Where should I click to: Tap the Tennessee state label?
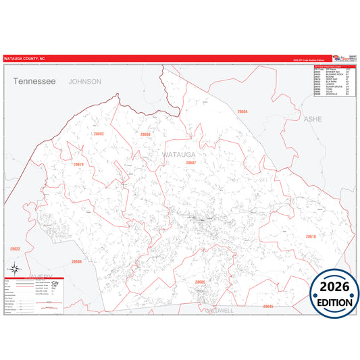[x=34, y=81]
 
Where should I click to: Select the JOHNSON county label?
[x=84, y=81]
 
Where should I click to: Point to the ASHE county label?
[x=313, y=118]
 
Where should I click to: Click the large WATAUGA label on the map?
[x=178, y=155]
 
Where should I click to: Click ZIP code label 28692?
[x=99, y=134]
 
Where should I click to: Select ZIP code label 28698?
[x=145, y=134]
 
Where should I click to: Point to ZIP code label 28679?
[x=78, y=164]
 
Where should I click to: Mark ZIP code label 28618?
[x=310, y=236]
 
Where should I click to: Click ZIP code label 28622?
[x=15, y=249]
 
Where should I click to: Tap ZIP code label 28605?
[x=200, y=282]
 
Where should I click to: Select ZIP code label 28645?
[x=268, y=306]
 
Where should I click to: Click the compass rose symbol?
[x=14, y=270]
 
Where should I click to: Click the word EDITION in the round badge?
[x=335, y=303]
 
